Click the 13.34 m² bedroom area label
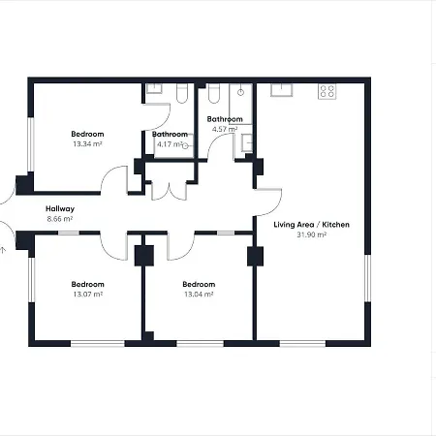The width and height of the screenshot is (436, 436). (x=87, y=143)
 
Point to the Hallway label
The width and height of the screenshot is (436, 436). (x=60, y=209)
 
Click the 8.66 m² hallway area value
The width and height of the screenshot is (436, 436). (x=60, y=219)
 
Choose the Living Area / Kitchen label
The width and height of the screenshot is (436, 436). (x=311, y=225)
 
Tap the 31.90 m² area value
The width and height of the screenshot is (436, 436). (x=311, y=234)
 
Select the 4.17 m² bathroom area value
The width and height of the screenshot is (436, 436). (x=170, y=144)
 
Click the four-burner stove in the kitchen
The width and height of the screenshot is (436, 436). (x=327, y=92)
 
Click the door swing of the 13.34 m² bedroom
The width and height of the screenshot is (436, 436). (x=118, y=179)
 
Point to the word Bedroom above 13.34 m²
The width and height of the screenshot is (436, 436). (x=87, y=134)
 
